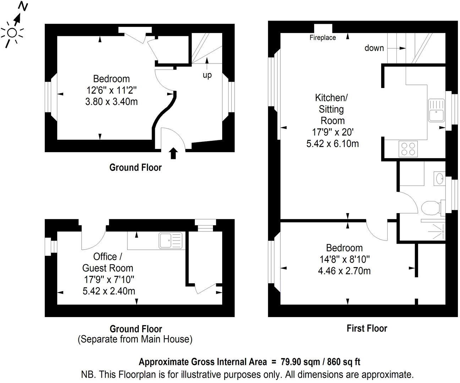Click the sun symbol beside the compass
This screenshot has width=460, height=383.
[12, 33]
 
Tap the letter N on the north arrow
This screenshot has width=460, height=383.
[23, 6]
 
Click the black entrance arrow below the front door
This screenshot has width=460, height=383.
[173, 153]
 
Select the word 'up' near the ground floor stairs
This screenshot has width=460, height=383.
[207, 75]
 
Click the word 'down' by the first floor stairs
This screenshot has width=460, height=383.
[374, 48]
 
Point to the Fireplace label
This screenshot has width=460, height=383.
[323, 38]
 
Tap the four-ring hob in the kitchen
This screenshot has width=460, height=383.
[408, 149]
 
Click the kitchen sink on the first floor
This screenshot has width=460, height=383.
[435, 110]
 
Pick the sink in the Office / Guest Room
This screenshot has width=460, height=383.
[170, 240]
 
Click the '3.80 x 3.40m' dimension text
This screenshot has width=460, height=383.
[111, 102]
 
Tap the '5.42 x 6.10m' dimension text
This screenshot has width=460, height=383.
[332, 144]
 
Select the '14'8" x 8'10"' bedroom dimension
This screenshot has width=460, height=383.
[344, 259]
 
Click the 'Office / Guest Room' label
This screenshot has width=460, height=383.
[108, 262]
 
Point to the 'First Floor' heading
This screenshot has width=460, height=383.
[367, 328]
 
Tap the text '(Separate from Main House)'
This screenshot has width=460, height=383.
[135, 339]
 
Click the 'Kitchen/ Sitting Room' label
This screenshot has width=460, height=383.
[330, 109]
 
